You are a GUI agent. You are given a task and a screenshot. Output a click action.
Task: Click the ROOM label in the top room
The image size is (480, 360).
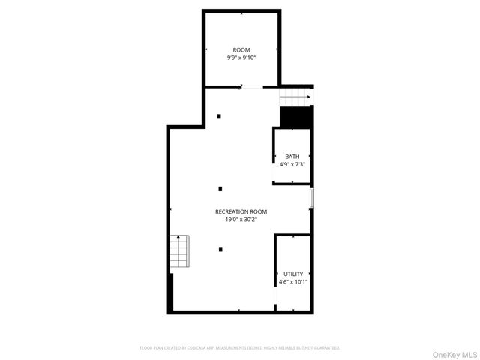pos(241,49)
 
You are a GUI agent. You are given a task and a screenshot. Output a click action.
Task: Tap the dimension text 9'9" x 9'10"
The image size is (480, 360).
pos(241,58)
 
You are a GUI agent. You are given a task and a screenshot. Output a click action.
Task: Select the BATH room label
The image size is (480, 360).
pos(292,157)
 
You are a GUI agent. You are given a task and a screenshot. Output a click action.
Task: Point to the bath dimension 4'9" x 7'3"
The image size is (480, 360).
pos(292,164)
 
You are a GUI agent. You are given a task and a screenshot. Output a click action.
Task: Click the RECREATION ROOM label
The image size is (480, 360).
pos(241,211)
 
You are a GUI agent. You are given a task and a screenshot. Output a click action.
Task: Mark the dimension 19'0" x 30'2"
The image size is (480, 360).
pos(241,220)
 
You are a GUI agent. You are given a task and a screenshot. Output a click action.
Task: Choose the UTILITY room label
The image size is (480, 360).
pos(293,274)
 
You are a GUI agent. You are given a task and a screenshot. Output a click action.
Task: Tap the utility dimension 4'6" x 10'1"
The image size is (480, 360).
pos(293,282)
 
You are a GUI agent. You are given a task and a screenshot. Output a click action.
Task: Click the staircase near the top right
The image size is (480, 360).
pos(295,97)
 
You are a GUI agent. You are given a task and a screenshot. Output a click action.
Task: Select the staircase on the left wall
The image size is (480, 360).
pos(179,251)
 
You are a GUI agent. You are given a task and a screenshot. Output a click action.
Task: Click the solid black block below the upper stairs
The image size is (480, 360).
pos(295,116)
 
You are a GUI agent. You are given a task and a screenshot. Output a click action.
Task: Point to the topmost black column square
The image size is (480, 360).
pos(220,115)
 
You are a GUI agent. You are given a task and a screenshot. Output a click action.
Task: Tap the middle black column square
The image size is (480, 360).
pos(220,188)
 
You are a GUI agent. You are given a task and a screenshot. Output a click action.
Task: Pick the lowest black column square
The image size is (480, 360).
pos(220,249)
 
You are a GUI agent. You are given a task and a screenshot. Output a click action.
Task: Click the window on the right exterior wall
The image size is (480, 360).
pos(312,199)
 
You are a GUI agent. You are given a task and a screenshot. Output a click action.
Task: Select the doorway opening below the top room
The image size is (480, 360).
pos(252,87)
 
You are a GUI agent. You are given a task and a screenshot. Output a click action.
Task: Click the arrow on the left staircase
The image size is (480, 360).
pos(178,238)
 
